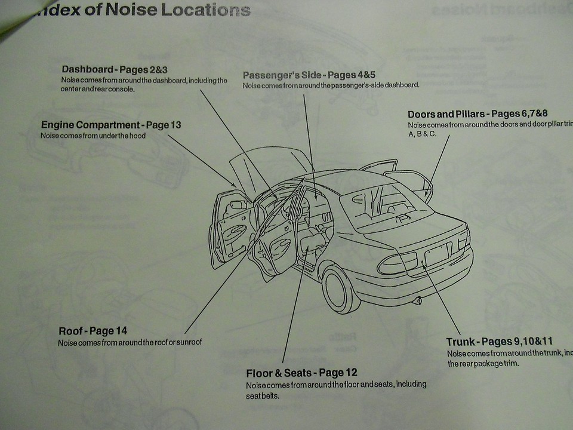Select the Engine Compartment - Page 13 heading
[111, 125]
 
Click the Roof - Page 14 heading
[93, 331]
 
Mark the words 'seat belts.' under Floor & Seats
[263, 395]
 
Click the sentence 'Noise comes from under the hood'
[93, 136]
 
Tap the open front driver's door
[231, 227]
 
